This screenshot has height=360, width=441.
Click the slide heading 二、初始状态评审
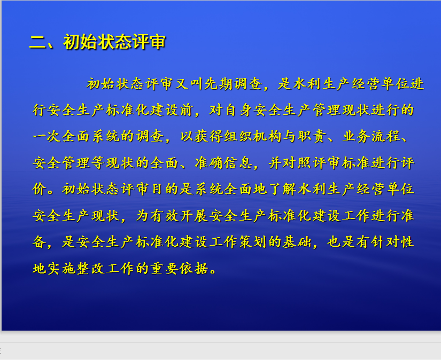coord(98,42)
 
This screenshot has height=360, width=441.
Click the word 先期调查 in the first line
coord(233,84)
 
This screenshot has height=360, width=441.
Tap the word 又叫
coord(189,84)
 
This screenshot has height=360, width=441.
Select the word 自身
coord(238,110)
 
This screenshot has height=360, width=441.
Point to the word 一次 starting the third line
coord(47,136)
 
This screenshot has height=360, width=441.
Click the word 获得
coord(208,136)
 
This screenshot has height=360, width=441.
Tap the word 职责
coord(312,136)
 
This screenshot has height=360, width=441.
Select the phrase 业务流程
coord(370,136)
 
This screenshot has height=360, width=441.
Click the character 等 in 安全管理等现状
coord(98,163)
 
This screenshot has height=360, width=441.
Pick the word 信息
coord(238,163)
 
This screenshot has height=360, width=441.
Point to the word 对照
coord(297,163)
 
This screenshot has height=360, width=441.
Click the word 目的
coord(164,189)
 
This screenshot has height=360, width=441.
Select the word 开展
coord(194,216)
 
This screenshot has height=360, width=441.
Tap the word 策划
coord(252,242)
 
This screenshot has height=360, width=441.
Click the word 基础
coord(297,242)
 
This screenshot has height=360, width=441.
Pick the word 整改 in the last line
coord(90,268)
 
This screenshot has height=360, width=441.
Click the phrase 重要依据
coord(179,268)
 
